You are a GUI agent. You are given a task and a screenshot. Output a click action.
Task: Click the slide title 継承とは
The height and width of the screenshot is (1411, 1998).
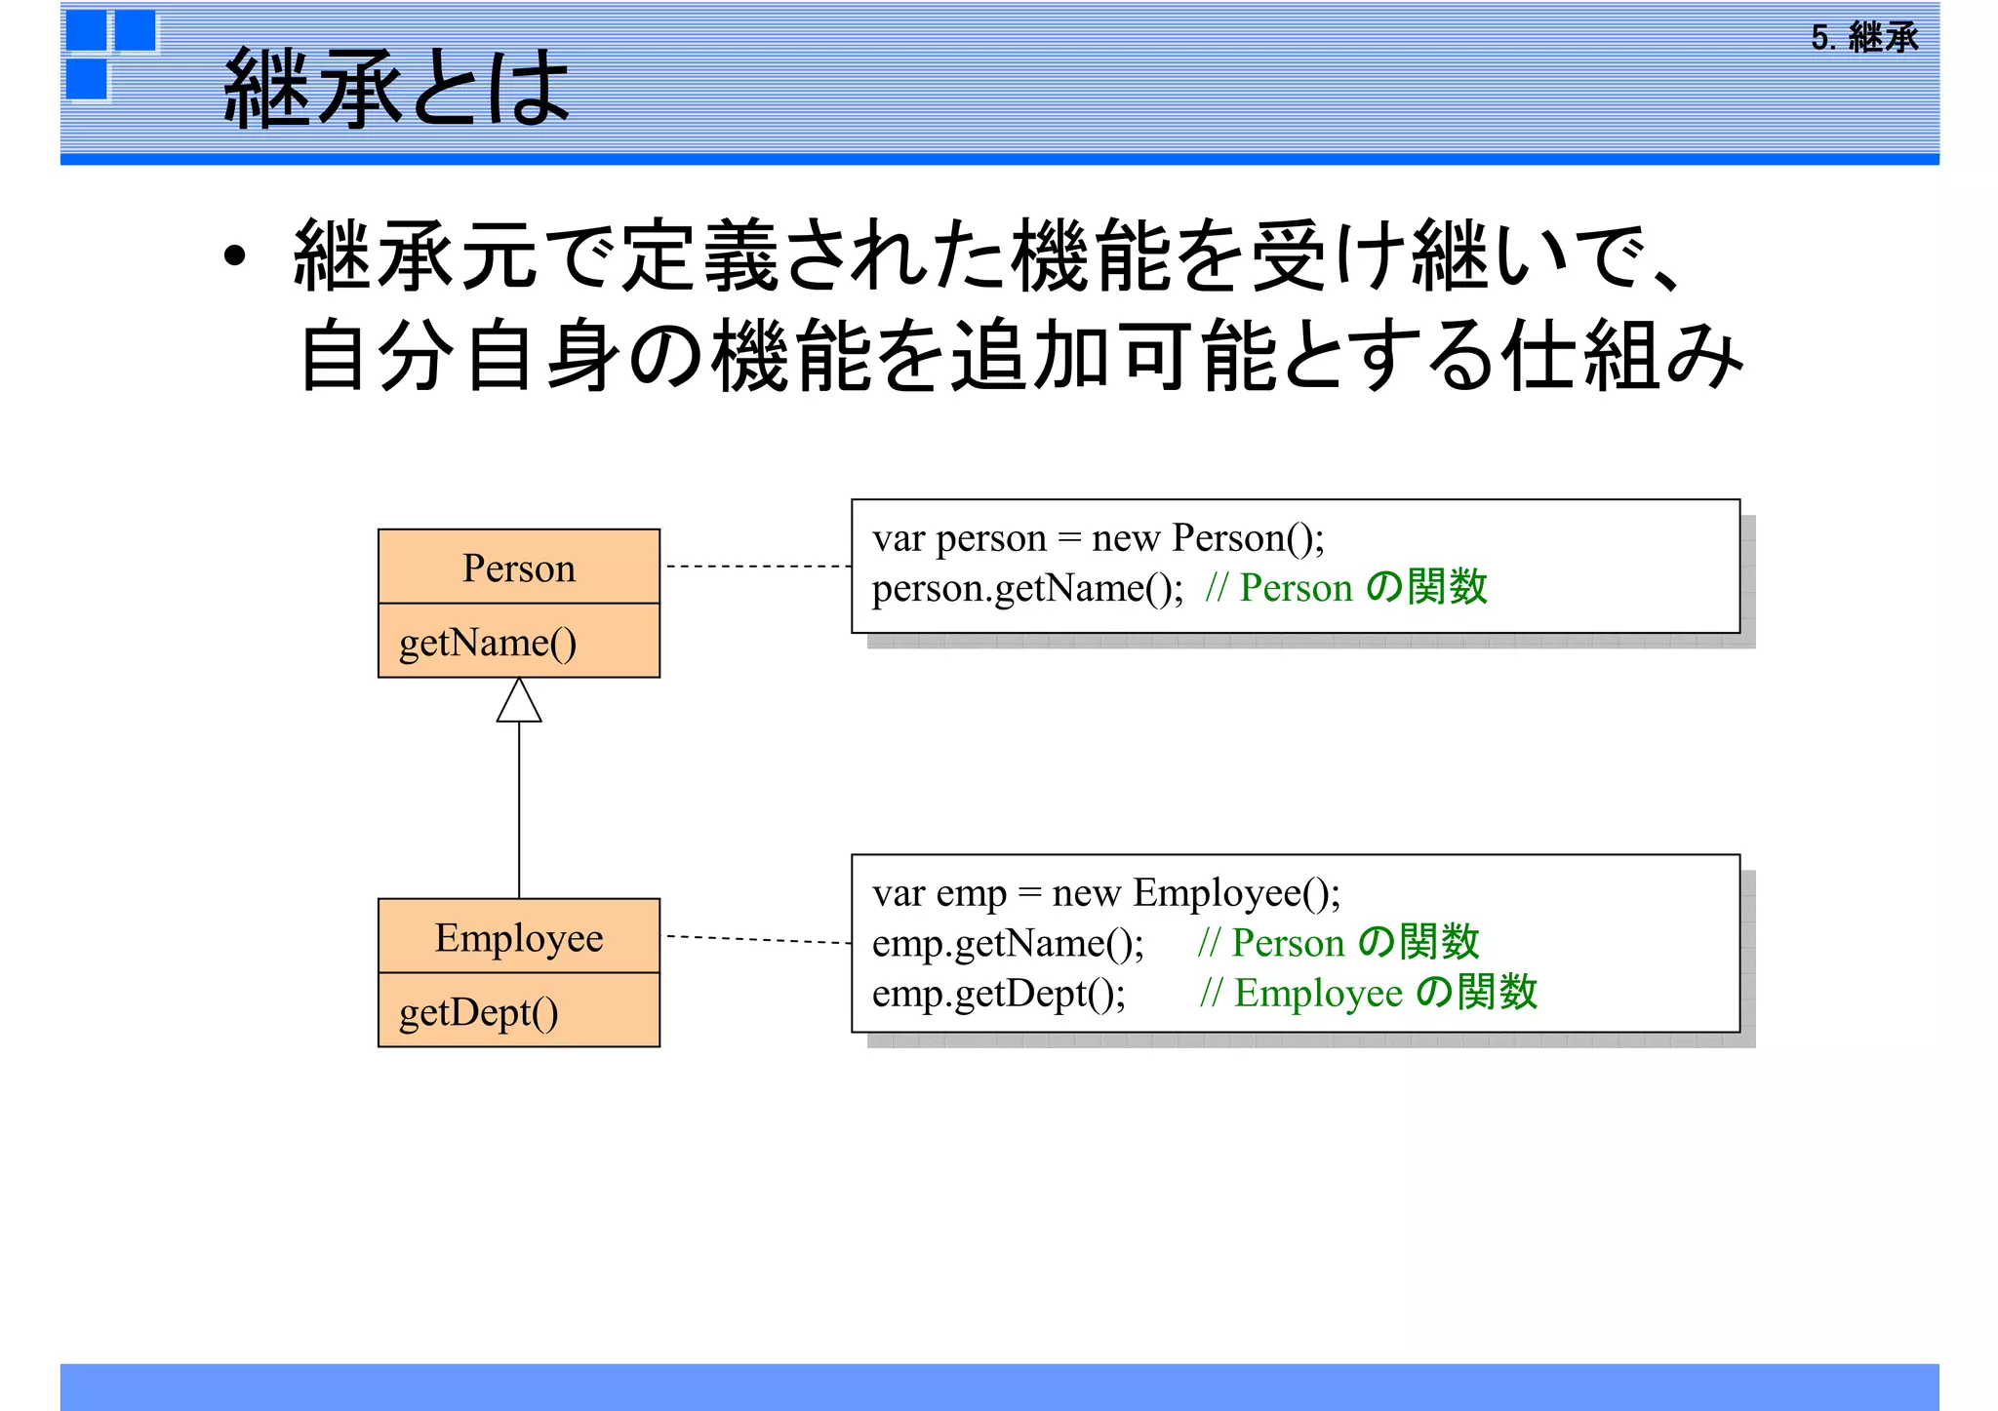click(x=396, y=88)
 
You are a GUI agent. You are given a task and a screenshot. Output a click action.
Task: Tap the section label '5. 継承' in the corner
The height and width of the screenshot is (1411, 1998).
click(x=1864, y=38)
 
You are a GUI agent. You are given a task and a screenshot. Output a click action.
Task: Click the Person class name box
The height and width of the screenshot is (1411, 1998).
click(x=519, y=568)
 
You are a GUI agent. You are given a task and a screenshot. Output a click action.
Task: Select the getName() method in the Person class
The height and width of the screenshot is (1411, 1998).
click(x=488, y=643)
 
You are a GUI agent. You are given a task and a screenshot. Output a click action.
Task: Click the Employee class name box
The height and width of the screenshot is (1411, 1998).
click(x=519, y=937)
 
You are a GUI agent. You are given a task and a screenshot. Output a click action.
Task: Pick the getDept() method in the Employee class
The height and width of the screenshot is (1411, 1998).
click(x=479, y=1012)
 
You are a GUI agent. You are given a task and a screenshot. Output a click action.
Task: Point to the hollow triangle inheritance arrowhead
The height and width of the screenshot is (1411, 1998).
click(x=519, y=702)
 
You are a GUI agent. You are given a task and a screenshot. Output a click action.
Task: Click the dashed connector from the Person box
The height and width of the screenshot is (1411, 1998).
click(x=758, y=567)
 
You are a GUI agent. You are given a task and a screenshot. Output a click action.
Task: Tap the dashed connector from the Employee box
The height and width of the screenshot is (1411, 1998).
click(x=758, y=939)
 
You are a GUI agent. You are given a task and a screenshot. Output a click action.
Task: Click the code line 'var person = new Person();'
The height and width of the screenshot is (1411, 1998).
click(x=1099, y=538)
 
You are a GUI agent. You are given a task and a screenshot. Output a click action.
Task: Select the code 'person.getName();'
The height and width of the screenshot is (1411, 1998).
click(x=1027, y=588)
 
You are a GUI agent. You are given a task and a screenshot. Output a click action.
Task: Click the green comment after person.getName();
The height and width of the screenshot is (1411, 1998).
click(x=1346, y=588)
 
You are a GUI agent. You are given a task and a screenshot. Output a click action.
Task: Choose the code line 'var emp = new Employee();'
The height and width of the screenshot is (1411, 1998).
click(x=1106, y=893)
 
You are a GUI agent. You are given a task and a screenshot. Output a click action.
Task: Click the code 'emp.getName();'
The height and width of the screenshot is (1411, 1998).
click(x=1008, y=943)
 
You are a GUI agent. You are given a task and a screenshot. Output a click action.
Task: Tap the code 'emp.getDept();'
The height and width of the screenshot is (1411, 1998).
click(x=999, y=994)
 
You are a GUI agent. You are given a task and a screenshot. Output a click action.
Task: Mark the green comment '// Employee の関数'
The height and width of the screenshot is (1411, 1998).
click(x=1369, y=994)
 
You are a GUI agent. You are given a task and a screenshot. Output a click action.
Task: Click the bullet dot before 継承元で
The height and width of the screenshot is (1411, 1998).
click(x=234, y=256)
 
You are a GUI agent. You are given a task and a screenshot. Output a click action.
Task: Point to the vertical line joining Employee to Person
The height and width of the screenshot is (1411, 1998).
click(x=519, y=809)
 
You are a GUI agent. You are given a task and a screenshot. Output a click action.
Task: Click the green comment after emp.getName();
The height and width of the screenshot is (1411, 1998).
click(x=1339, y=943)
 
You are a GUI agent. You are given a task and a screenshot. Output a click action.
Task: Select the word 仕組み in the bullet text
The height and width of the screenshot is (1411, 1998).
click(x=1622, y=356)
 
